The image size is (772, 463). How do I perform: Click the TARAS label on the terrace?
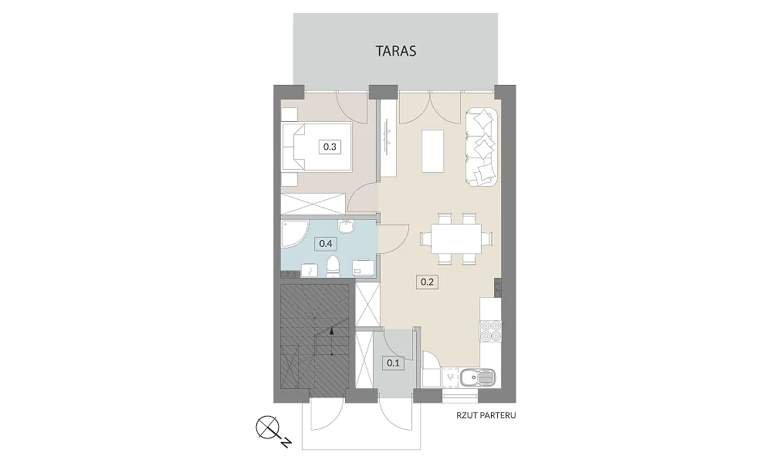click(x=396, y=51)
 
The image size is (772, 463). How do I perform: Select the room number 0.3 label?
click(x=330, y=147)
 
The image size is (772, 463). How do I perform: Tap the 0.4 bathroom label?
click(x=326, y=244)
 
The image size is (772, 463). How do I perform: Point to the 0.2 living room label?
click(x=427, y=282)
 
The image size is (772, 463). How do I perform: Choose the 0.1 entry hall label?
click(x=393, y=363)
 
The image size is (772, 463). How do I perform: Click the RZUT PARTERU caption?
click(x=486, y=415)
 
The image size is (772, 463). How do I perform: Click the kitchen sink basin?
click(x=469, y=378)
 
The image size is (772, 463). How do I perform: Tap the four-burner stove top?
click(x=491, y=330)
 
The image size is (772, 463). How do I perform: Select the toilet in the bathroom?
click(x=334, y=266)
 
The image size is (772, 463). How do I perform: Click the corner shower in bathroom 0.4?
click(x=294, y=235)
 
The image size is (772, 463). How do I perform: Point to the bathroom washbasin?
click(x=346, y=226)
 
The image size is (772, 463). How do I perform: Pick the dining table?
click(x=456, y=239)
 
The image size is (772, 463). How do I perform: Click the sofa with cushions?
click(x=481, y=147)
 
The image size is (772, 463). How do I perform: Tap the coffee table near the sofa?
click(x=433, y=150)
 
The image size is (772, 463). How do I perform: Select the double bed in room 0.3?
click(x=316, y=147)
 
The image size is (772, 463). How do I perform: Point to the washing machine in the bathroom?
click(x=364, y=267)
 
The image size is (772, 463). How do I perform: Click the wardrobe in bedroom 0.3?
click(x=313, y=204)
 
